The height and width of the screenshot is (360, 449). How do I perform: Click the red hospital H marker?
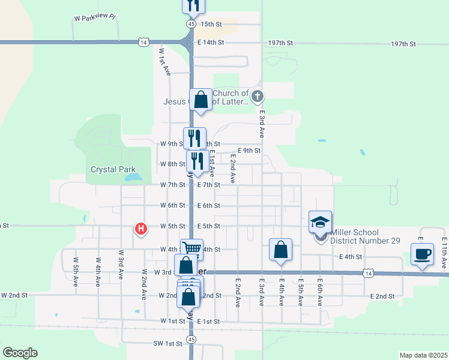tap(141, 229)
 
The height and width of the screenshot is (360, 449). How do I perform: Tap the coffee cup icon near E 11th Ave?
tap(422, 253)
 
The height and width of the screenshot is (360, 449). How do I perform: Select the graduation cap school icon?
tap(321, 222)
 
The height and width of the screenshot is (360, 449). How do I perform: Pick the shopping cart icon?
tap(191, 248)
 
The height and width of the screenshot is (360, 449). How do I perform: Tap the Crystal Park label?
tap(113, 170)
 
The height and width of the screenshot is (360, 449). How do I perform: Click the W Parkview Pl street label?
tap(94, 17)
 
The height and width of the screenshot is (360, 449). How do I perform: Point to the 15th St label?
tap(211, 24)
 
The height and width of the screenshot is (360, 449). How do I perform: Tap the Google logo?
tap(20, 353)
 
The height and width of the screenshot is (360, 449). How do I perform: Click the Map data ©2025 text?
tap(423, 355)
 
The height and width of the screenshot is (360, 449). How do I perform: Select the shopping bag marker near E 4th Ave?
tap(281, 250)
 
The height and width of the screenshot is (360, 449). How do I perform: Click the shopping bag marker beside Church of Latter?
tap(200, 100)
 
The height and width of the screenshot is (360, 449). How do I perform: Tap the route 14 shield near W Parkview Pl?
tap(143, 42)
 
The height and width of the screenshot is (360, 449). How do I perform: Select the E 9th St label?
tap(249, 151)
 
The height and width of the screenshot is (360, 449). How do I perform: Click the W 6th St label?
tap(172, 205)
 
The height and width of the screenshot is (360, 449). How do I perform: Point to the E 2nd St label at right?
tap(382, 296)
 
